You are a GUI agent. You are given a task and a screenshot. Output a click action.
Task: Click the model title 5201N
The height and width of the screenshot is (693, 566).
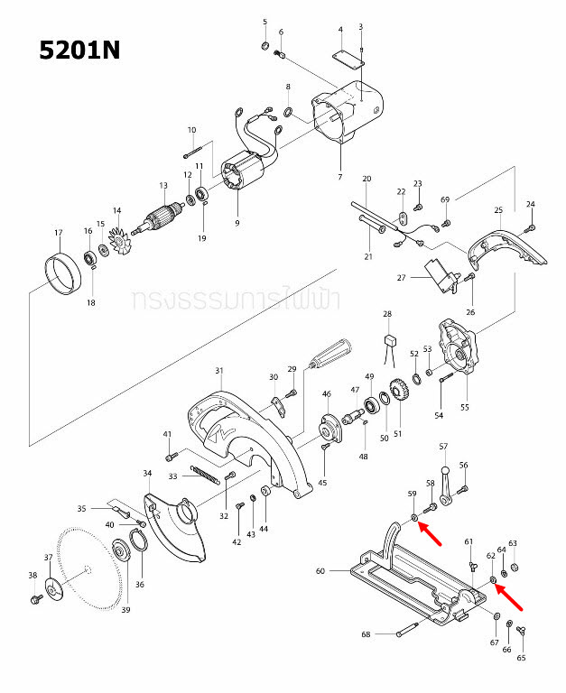(79, 51)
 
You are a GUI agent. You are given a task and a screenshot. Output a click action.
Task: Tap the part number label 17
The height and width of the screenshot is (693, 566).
(59, 234)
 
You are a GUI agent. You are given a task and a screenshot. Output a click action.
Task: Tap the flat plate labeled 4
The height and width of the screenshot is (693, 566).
(345, 57)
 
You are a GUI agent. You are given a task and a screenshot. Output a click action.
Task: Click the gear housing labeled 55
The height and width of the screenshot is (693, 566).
(461, 353)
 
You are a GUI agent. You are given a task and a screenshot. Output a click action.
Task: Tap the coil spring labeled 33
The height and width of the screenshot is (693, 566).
(204, 475)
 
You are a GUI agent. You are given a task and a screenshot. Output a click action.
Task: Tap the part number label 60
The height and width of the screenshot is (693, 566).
(320, 570)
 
